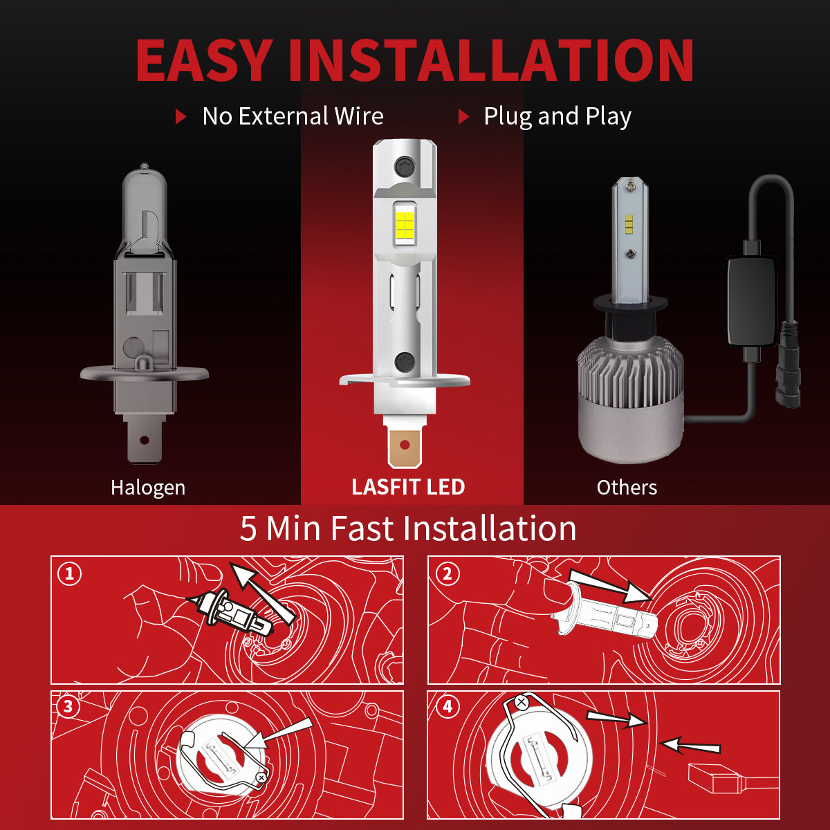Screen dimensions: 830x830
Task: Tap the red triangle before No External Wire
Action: [181, 116]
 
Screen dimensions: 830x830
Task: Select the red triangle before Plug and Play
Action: [463, 116]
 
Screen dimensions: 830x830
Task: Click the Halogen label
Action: [148, 488]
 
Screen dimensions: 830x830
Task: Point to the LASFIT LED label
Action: [408, 487]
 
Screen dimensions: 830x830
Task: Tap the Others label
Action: [627, 488]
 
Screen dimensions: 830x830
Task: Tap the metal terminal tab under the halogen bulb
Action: [144, 440]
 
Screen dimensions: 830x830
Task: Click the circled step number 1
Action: [69, 574]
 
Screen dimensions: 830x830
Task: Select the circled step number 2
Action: [448, 573]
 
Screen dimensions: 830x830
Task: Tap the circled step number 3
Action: [68, 707]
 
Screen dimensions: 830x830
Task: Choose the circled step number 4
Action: [448, 706]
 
